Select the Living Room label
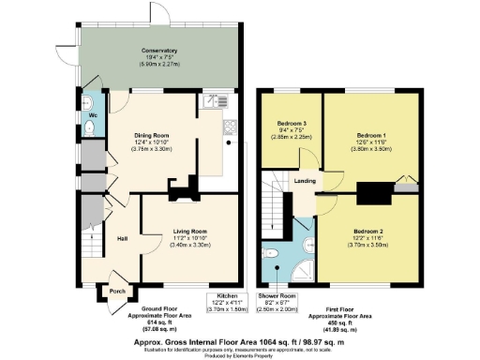coord(190,231)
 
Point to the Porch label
coord(117,291)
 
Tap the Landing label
coord(306,182)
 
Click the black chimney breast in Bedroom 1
coord(373,193)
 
